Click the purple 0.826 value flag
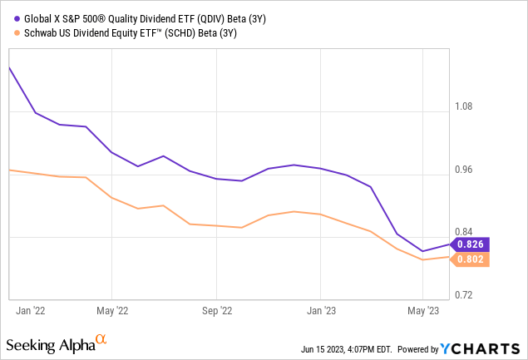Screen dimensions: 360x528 [471, 244]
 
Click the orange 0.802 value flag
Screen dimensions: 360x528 [471, 259]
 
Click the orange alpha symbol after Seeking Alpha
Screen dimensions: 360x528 [101, 340]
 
